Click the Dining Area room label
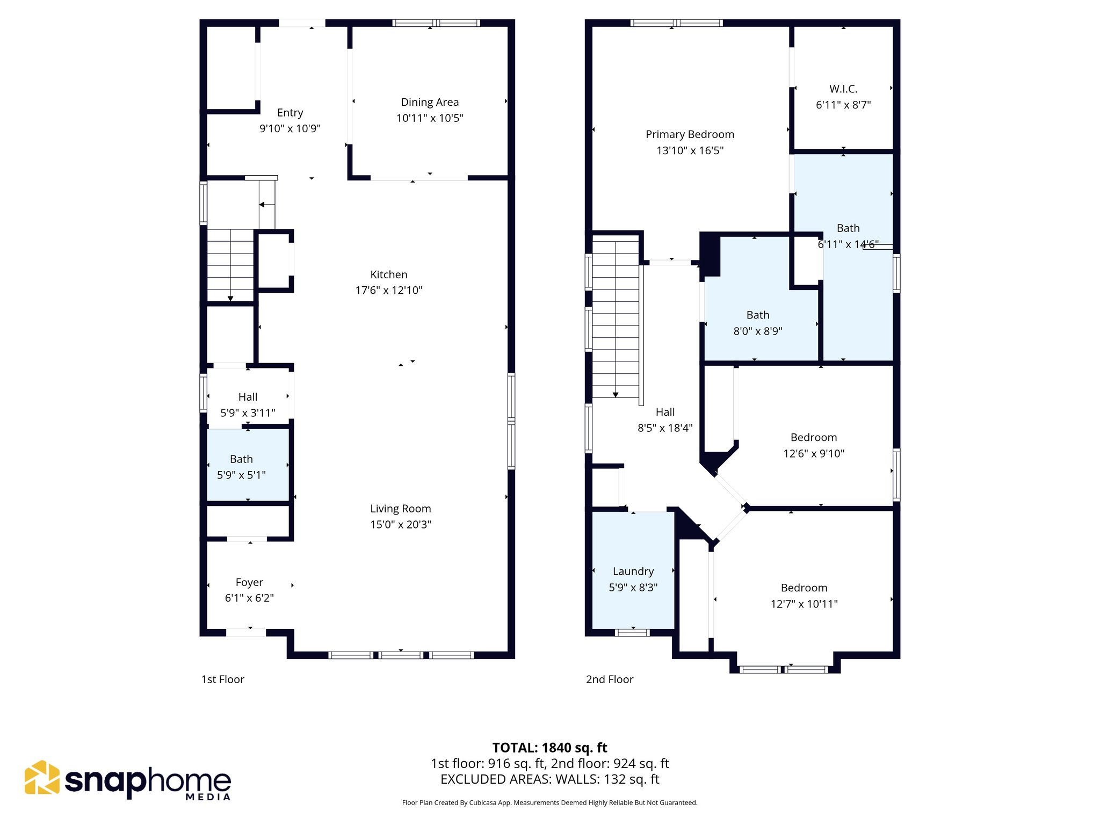[x=430, y=102]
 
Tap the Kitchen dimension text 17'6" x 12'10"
[x=388, y=291]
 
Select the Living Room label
[x=400, y=509]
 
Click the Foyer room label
[x=249, y=582]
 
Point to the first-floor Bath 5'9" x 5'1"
[x=241, y=467]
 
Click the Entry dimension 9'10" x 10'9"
[x=290, y=128]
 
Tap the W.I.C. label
[x=843, y=89]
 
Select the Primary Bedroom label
[x=690, y=134]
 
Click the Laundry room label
[x=633, y=571]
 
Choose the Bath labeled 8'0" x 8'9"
[x=757, y=323]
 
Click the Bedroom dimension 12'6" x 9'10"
[x=813, y=454]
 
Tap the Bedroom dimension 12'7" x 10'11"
[x=804, y=604]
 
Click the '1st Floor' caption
[x=222, y=679]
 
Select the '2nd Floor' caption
[x=610, y=679]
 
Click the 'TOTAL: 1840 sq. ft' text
[x=549, y=748]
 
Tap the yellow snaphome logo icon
[x=42, y=777]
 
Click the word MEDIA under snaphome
[x=208, y=797]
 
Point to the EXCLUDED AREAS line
[x=549, y=779]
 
